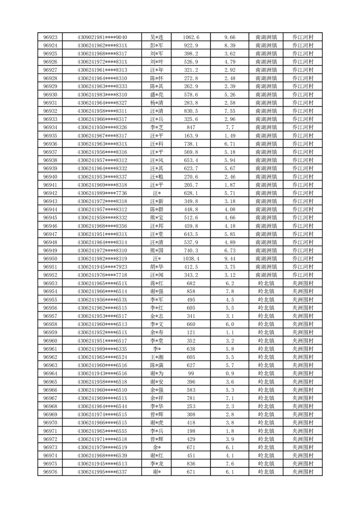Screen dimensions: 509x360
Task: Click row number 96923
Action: pyautogui.click(x=50, y=37)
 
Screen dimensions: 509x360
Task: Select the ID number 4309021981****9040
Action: pyautogui.click(x=102, y=37)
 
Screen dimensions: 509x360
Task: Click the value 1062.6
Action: pyautogui.click(x=191, y=37)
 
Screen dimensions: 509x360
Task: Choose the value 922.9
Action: pyautogui.click(x=191, y=45)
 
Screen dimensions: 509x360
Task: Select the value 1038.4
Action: pyautogui.click(x=191, y=259)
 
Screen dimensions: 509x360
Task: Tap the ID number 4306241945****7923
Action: pyautogui.click(x=102, y=267)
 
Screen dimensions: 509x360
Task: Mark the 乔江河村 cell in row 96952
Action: pyautogui.click(x=303, y=275)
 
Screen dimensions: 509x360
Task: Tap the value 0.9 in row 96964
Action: pyautogui.click(x=230, y=373)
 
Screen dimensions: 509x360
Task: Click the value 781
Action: pyautogui.click(x=191, y=398)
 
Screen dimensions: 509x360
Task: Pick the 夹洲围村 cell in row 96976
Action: pyautogui.click(x=303, y=472)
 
